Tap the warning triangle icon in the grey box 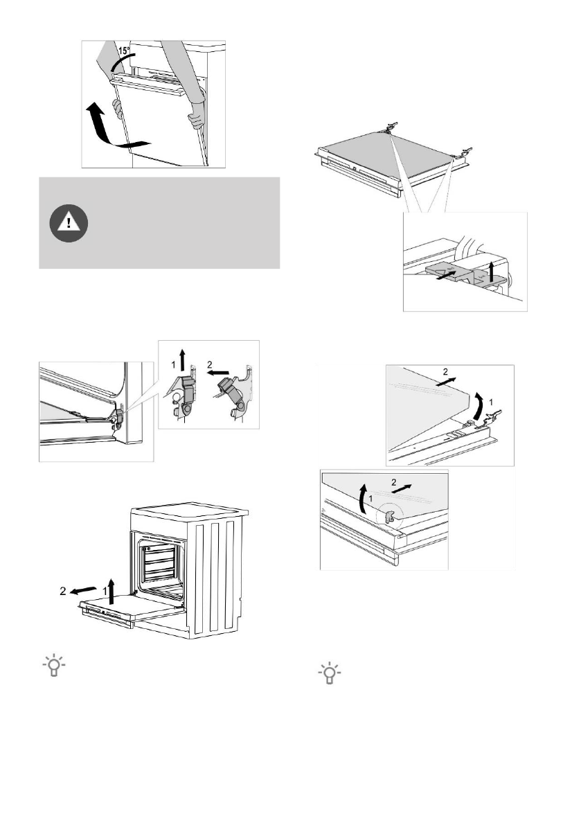click(x=68, y=222)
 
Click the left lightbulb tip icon click(x=53, y=667)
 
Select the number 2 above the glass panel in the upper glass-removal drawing click(x=444, y=372)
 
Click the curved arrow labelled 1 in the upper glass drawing click(x=478, y=405)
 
